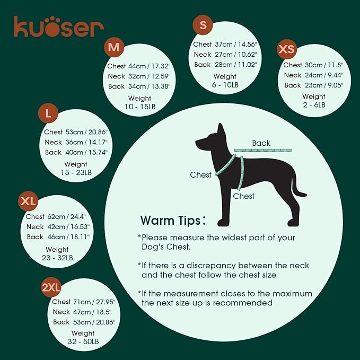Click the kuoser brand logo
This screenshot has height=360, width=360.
point(58,27)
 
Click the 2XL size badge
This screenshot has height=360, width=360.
point(51,287)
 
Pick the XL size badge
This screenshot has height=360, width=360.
point(28,201)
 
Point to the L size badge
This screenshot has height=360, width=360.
point(48,113)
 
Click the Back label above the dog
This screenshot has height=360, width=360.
point(261,143)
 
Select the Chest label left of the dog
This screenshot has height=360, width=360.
point(201,175)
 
